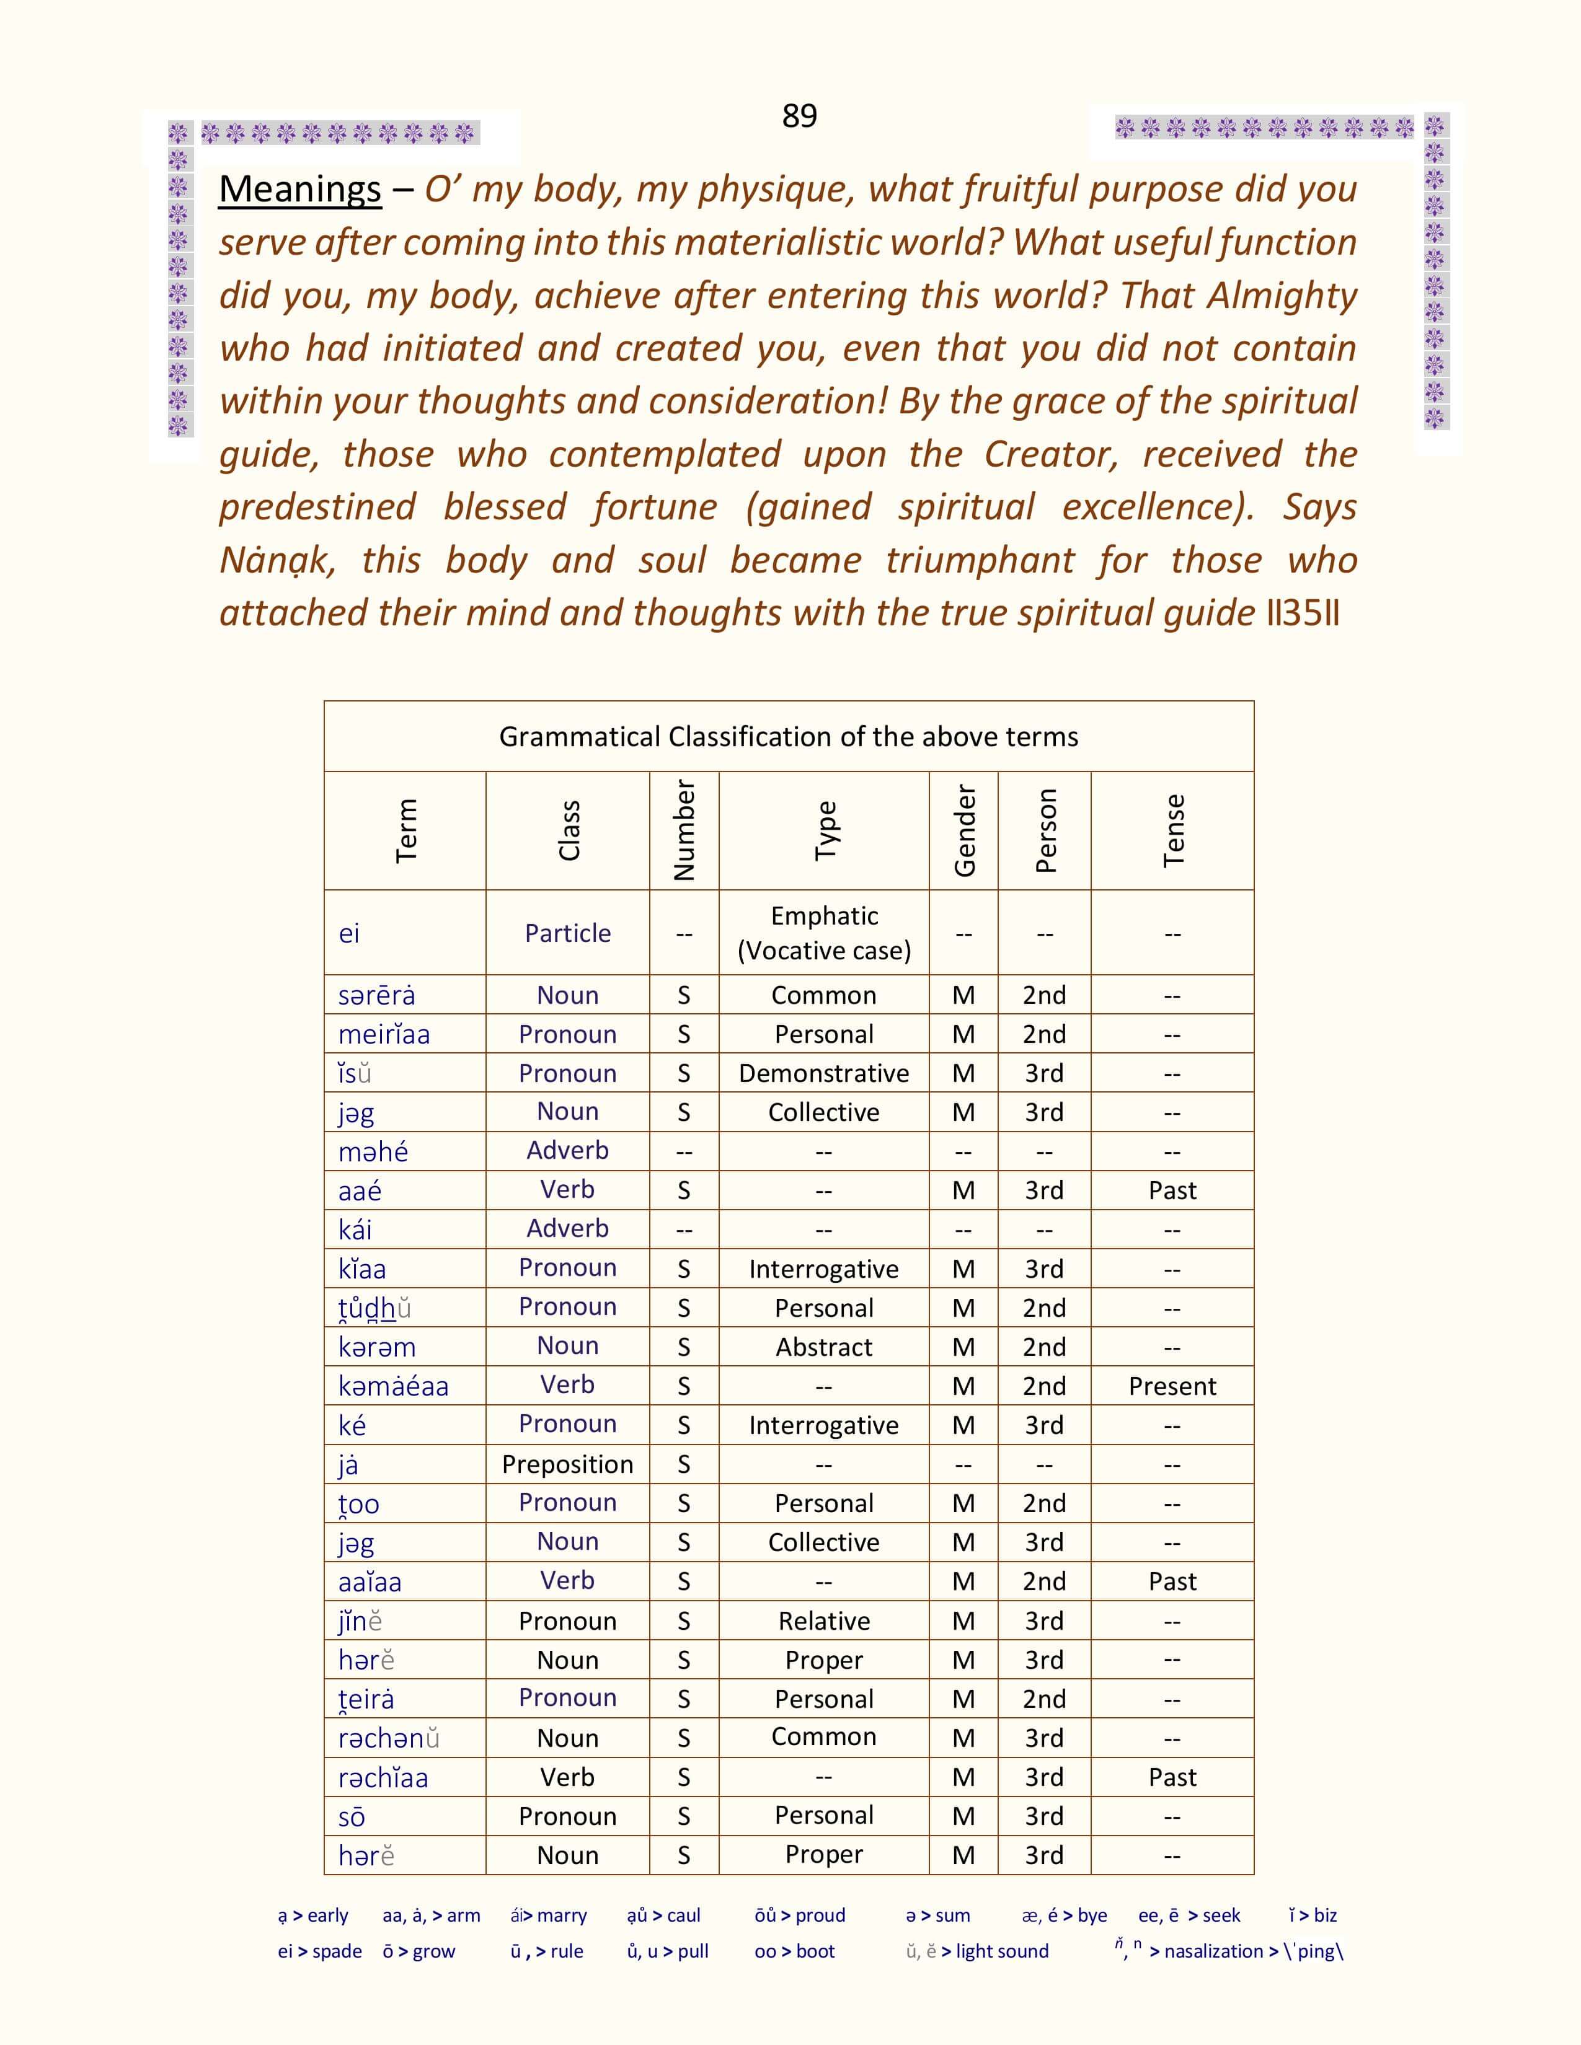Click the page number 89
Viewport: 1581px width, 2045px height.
[799, 116]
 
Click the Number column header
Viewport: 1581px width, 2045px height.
[684, 830]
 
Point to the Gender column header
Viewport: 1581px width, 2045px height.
[963, 830]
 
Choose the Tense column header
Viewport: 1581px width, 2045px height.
[1172, 830]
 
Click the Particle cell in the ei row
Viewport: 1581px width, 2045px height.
[567, 933]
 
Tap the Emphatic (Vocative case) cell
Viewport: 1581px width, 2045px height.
[823, 933]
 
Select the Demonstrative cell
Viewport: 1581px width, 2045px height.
[823, 1073]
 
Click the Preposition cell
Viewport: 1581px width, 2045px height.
[567, 1464]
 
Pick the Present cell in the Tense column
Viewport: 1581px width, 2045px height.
[1172, 1386]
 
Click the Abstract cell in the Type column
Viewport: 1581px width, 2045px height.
[823, 1347]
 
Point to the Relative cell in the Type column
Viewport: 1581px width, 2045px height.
[823, 1621]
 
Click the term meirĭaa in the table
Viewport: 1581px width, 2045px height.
[384, 1035]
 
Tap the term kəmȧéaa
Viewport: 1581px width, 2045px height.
[393, 1386]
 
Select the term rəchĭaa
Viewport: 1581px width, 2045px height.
[383, 1777]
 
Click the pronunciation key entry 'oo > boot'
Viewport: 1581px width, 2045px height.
[794, 1951]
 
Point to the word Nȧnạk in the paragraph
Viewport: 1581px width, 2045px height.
[277, 561]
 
